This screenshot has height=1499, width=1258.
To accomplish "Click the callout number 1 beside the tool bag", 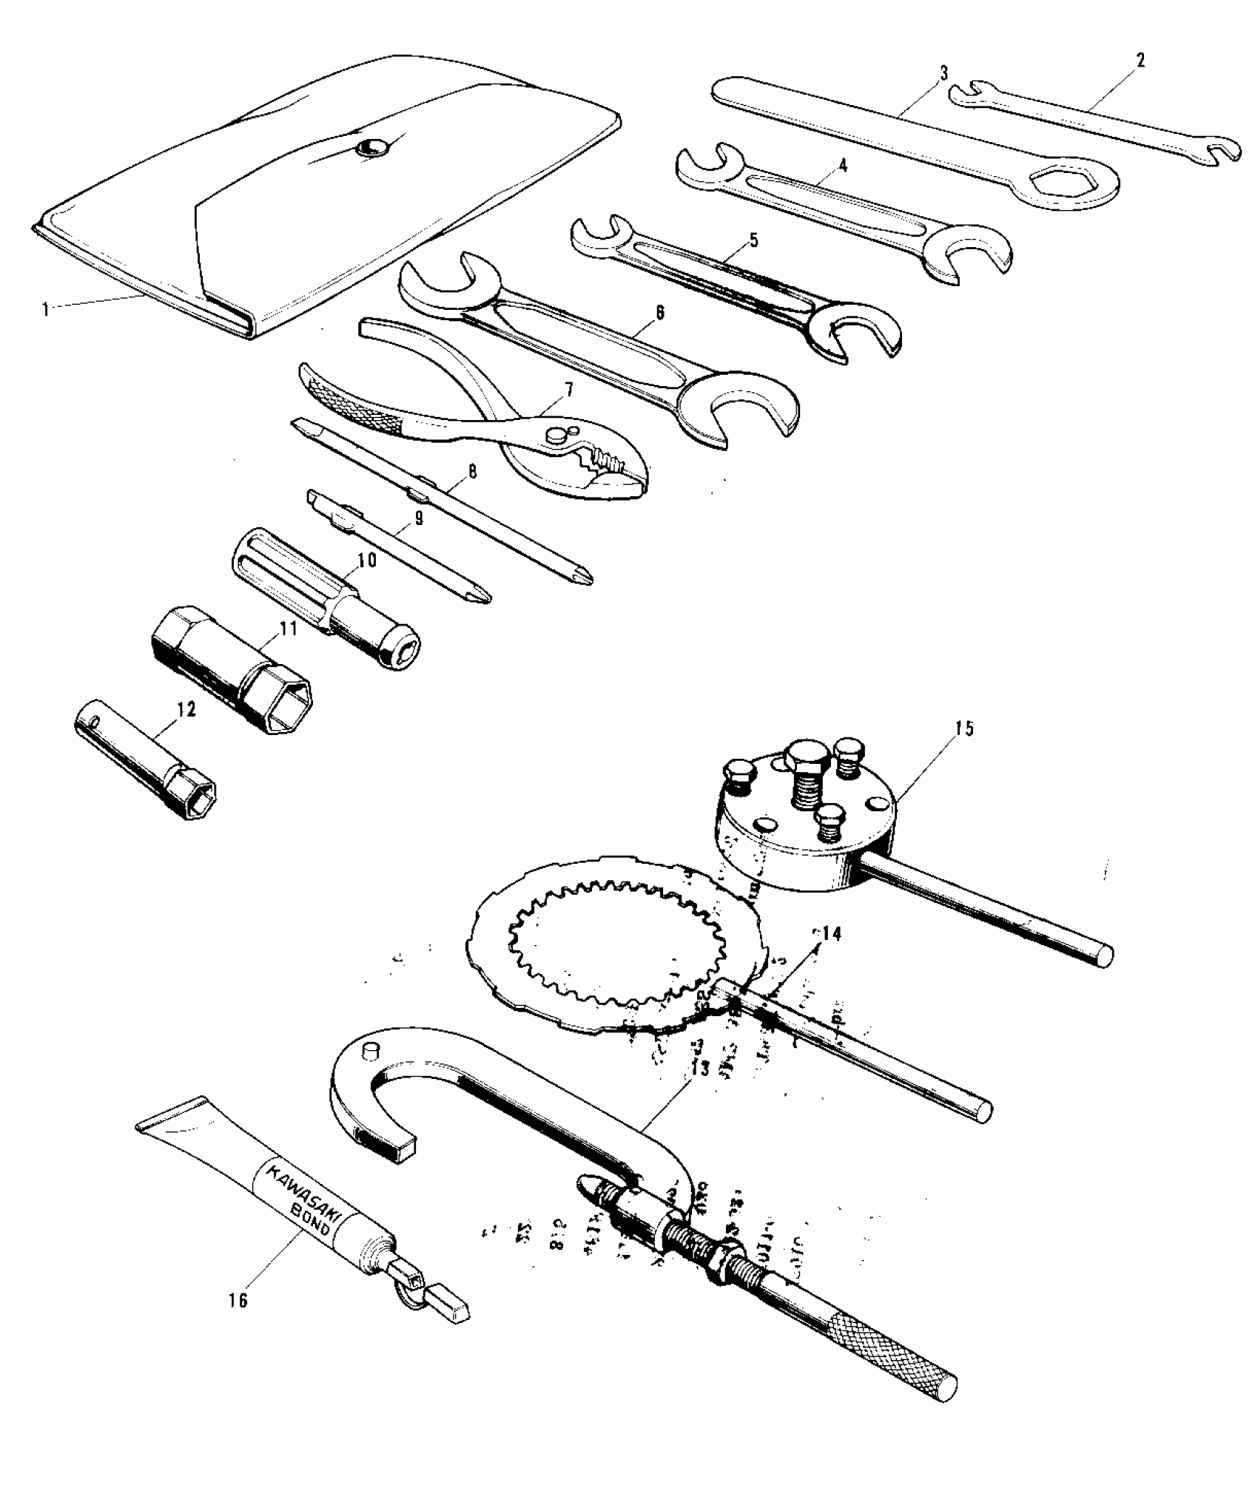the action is (x=46, y=309).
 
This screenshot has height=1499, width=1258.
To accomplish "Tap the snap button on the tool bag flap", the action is (x=367, y=148).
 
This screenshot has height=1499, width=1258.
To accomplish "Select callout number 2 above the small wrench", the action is (x=1140, y=61).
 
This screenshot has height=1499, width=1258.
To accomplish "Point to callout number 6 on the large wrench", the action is (x=659, y=312).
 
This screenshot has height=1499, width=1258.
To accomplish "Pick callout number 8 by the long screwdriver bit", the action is (x=471, y=470).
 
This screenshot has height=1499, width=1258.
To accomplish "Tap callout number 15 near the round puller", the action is (x=963, y=728).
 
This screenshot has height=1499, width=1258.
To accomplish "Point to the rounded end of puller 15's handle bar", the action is (x=1103, y=956).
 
